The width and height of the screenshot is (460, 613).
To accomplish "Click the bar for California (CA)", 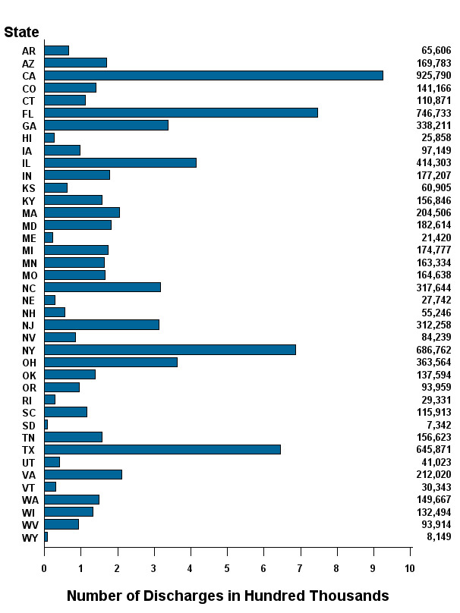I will pyautogui.click(x=213, y=75).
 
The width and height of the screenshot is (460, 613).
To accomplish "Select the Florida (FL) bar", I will pyautogui.click(x=181, y=112).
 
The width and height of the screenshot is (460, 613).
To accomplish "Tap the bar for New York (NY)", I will pyautogui.click(x=169, y=350).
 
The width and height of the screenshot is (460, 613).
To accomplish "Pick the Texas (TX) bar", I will pyautogui.click(x=162, y=449).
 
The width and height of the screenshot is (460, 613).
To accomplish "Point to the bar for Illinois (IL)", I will pyautogui.click(x=120, y=162).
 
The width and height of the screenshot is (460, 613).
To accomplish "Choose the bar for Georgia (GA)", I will pyautogui.click(x=106, y=125).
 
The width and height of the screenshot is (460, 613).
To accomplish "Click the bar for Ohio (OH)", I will pyautogui.click(x=110, y=362).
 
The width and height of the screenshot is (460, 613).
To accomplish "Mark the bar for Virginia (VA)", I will pyautogui.click(x=83, y=474).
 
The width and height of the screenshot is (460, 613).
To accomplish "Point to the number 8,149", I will pyautogui.click(x=439, y=537).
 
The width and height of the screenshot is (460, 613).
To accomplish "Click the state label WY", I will pyautogui.click(x=29, y=537).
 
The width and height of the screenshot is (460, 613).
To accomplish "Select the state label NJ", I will pyautogui.click(x=29, y=325).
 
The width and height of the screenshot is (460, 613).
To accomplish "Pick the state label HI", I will pyautogui.click(x=28, y=138).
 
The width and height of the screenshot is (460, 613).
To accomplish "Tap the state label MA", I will pyautogui.click(x=29, y=212).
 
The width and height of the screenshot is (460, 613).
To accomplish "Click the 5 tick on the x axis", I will pyautogui.click(x=227, y=568).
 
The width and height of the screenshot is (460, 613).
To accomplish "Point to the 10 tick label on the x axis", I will pyautogui.click(x=410, y=568).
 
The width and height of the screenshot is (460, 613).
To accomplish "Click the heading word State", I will pyautogui.click(x=21, y=32).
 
